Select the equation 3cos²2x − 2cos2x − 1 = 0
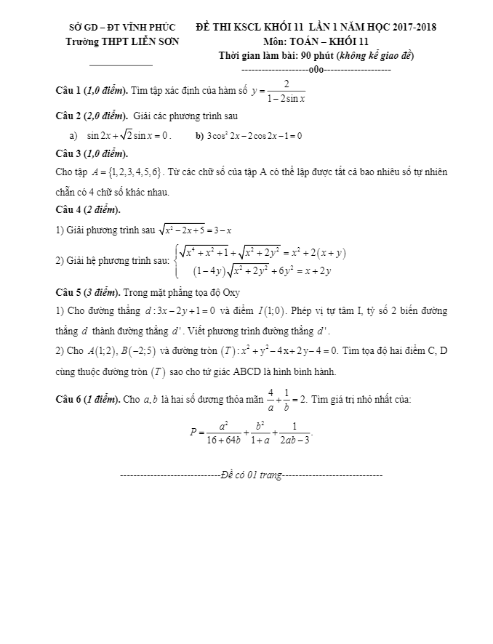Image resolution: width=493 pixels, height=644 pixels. point(254,135)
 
